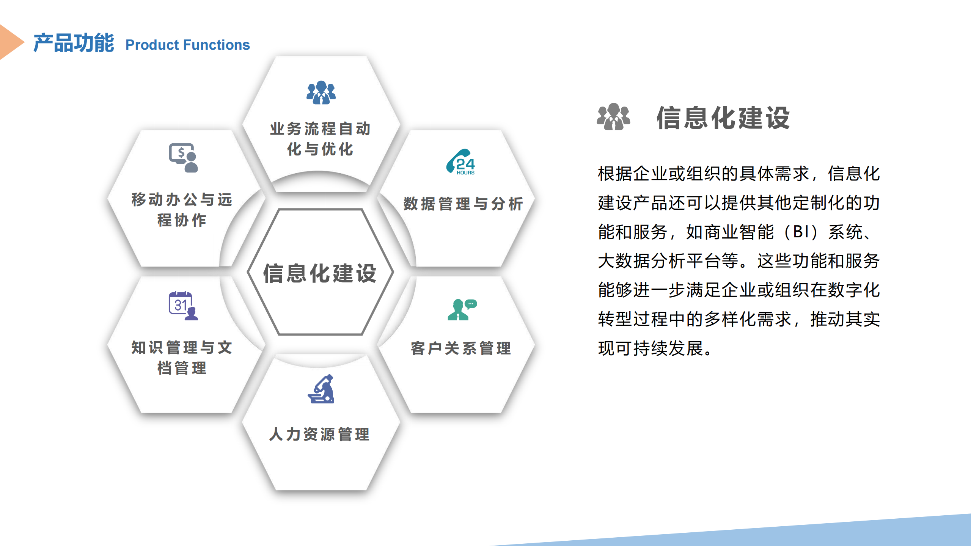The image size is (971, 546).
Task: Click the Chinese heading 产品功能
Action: pos(74,43)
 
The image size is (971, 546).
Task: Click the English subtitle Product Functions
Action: pos(188,45)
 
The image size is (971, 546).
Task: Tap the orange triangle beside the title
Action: pos(11,42)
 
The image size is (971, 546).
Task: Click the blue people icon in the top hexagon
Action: pos(321,92)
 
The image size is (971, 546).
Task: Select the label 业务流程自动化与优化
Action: pos(321,139)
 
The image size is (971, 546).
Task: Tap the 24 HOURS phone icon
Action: pos(461,162)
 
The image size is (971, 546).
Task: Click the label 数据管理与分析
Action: pos(463,204)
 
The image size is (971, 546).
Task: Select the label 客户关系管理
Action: pos(461,348)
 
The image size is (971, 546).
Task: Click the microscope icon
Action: pos(321,389)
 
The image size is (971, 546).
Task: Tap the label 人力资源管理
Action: pos(319,434)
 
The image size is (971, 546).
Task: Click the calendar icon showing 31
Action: pos(183,306)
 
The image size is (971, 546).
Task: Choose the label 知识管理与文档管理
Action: pos(182,358)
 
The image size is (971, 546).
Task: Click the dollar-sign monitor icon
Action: pos(184,158)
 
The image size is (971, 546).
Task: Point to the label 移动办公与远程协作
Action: pos(182,210)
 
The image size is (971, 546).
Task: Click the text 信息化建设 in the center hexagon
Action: pos(320,273)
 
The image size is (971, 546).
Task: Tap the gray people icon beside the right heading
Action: pos(613,116)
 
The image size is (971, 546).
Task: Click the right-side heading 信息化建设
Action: pos(723,118)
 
